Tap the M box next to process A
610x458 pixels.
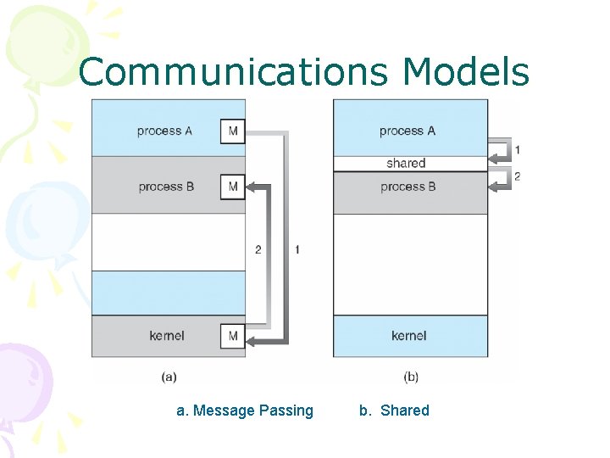tap(233, 131)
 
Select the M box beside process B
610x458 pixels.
tap(233, 187)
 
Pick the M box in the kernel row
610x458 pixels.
tap(233, 336)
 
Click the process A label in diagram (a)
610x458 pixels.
tap(164, 131)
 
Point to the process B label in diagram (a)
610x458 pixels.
tap(166, 187)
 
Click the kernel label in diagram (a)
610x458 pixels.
tap(167, 336)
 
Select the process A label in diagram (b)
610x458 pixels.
tap(408, 131)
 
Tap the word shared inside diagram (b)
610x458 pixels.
tap(406, 163)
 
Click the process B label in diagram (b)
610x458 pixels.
tap(408, 186)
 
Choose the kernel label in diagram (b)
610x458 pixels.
tap(409, 336)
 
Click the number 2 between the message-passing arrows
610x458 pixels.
tap(258, 249)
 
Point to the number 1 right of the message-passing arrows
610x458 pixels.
tap(297, 249)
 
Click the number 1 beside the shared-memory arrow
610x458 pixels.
tap(518, 150)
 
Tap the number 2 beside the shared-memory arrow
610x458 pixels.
tap(518, 176)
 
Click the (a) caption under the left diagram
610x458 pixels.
tap(169, 376)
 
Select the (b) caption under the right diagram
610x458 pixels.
tap(411, 376)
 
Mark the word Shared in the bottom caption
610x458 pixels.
tap(405, 411)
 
